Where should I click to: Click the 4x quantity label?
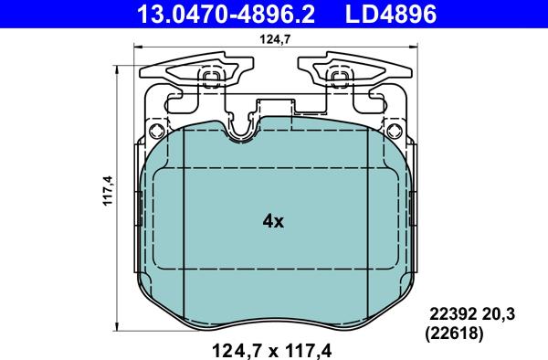point(273,221)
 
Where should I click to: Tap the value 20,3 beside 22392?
point(499,314)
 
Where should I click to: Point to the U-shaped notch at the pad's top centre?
point(243,128)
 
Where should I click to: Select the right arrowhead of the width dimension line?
point(405,51)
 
